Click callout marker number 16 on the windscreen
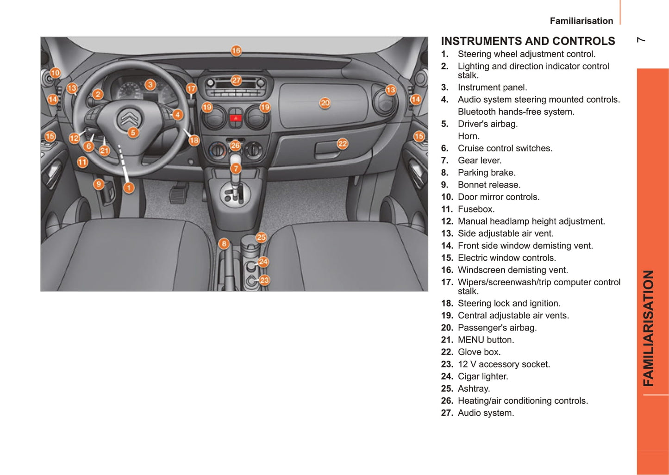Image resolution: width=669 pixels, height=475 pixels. (x=236, y=50)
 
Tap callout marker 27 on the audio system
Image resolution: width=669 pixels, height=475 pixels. (x=236, y=80)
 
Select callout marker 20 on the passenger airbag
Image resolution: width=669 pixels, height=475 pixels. (x=325, y=103)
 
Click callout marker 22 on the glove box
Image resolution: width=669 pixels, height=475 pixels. (x=342, y=144)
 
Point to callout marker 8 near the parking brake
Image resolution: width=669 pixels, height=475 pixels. (x=224, y=244)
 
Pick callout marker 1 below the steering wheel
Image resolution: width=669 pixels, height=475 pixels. (x=129, y=187)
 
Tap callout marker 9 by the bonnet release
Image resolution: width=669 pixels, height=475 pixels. (x=99, y=184)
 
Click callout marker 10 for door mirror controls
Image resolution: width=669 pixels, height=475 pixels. (x=55, y=73)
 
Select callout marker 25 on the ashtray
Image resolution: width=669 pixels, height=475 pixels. (x=261, y=237)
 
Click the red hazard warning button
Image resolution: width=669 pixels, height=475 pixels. (x=236, y=118)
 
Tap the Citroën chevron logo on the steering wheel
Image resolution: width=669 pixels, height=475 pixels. (x=128, y=118)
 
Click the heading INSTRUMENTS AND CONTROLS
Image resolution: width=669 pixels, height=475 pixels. (x=528, y=41)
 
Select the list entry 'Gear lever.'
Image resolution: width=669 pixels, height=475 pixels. (x=480, y=161)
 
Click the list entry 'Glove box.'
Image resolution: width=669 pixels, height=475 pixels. (x=479, y=352)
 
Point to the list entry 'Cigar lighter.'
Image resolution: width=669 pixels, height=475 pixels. (x=483, y=376)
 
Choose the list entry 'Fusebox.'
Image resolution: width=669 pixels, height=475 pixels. (x=476, y=209)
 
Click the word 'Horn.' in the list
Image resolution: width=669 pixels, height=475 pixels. (x=469, y=136)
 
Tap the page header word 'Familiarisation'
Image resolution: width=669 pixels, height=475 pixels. (x=581, y=21)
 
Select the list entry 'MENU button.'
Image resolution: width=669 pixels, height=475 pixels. (x=486, y=340)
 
